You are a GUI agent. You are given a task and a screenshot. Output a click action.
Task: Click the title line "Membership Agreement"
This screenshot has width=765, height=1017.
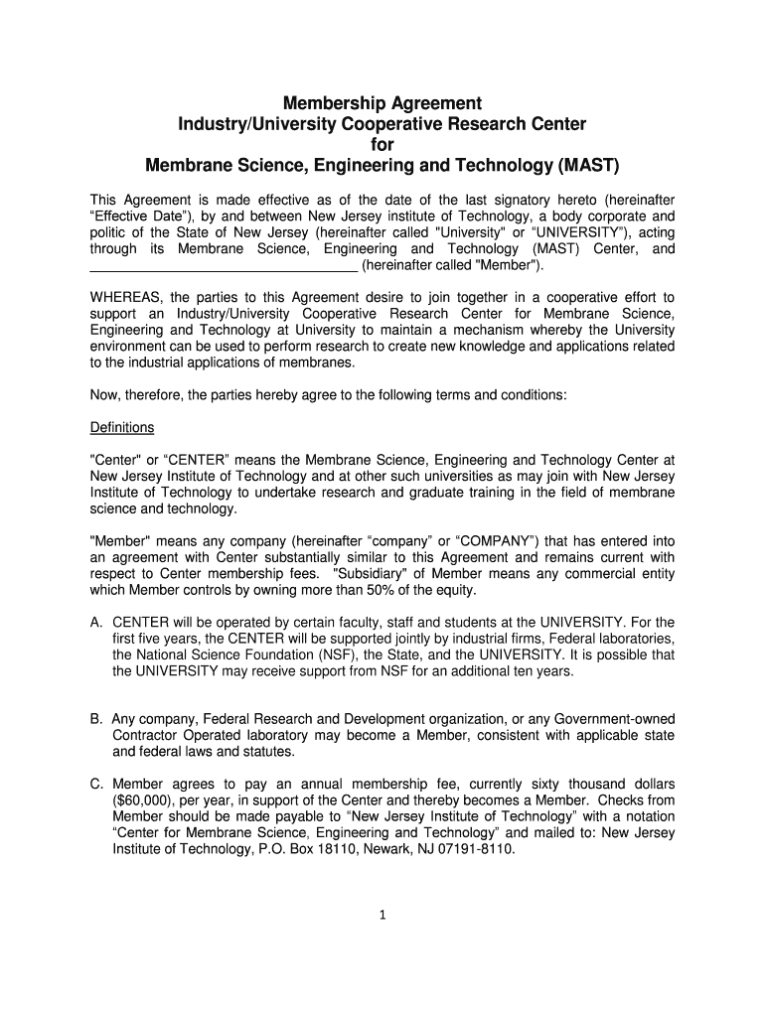382,103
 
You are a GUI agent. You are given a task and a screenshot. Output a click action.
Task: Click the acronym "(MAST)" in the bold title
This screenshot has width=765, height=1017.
590,163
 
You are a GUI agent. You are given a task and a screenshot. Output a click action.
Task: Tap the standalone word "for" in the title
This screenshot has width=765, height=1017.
382,143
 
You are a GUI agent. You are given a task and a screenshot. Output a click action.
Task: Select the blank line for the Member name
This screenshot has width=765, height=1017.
224,266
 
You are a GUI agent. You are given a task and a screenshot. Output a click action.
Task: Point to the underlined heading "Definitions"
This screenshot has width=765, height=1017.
122,427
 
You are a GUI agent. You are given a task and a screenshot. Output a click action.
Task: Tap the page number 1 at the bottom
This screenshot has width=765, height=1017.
382,916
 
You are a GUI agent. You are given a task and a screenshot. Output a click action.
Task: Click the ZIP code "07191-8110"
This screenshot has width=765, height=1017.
481,850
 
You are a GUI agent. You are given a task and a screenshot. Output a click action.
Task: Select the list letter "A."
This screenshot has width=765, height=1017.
96,623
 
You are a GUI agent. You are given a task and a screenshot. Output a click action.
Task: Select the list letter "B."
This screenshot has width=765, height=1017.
96,718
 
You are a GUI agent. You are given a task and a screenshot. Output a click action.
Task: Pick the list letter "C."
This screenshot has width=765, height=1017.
96,783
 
